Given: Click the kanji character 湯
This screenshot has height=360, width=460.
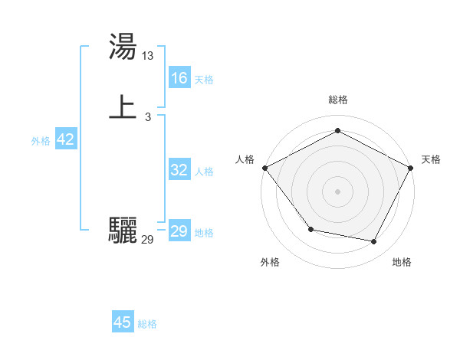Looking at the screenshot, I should [123, 47].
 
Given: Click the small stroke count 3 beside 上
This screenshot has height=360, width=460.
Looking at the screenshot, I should [148, 116].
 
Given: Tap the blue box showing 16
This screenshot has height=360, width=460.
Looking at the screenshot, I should [179, 78].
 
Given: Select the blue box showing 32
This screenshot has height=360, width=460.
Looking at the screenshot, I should [179, 171].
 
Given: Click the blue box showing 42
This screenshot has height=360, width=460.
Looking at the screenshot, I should [65, 139].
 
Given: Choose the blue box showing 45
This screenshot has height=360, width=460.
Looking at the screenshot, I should [123, 322].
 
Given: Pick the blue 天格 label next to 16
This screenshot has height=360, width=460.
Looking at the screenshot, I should [204, 80].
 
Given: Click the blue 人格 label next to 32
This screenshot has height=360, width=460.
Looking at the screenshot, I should [204, 172].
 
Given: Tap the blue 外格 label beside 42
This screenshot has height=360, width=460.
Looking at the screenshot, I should [41, 141].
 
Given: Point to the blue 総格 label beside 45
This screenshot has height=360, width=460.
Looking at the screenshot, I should [147, 324].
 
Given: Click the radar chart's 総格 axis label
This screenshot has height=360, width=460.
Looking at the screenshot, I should [337, 100].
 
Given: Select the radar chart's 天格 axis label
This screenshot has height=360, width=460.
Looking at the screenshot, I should [431, 159].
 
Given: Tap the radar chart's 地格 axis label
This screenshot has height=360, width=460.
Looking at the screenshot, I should [402, 262].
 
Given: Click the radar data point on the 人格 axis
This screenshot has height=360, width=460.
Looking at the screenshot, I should [264, 168].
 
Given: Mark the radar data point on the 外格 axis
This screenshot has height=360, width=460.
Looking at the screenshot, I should [310, 229].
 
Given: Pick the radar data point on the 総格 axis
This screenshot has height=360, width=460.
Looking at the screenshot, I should [337, 131].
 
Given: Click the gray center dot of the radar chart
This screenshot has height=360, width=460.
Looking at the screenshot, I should [337, 191].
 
